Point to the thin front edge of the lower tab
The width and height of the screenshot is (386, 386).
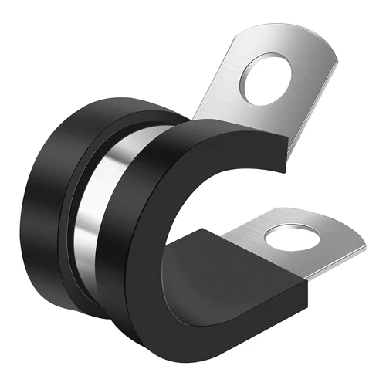point(309,262)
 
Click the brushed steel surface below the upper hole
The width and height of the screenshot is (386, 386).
point(255,124)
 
